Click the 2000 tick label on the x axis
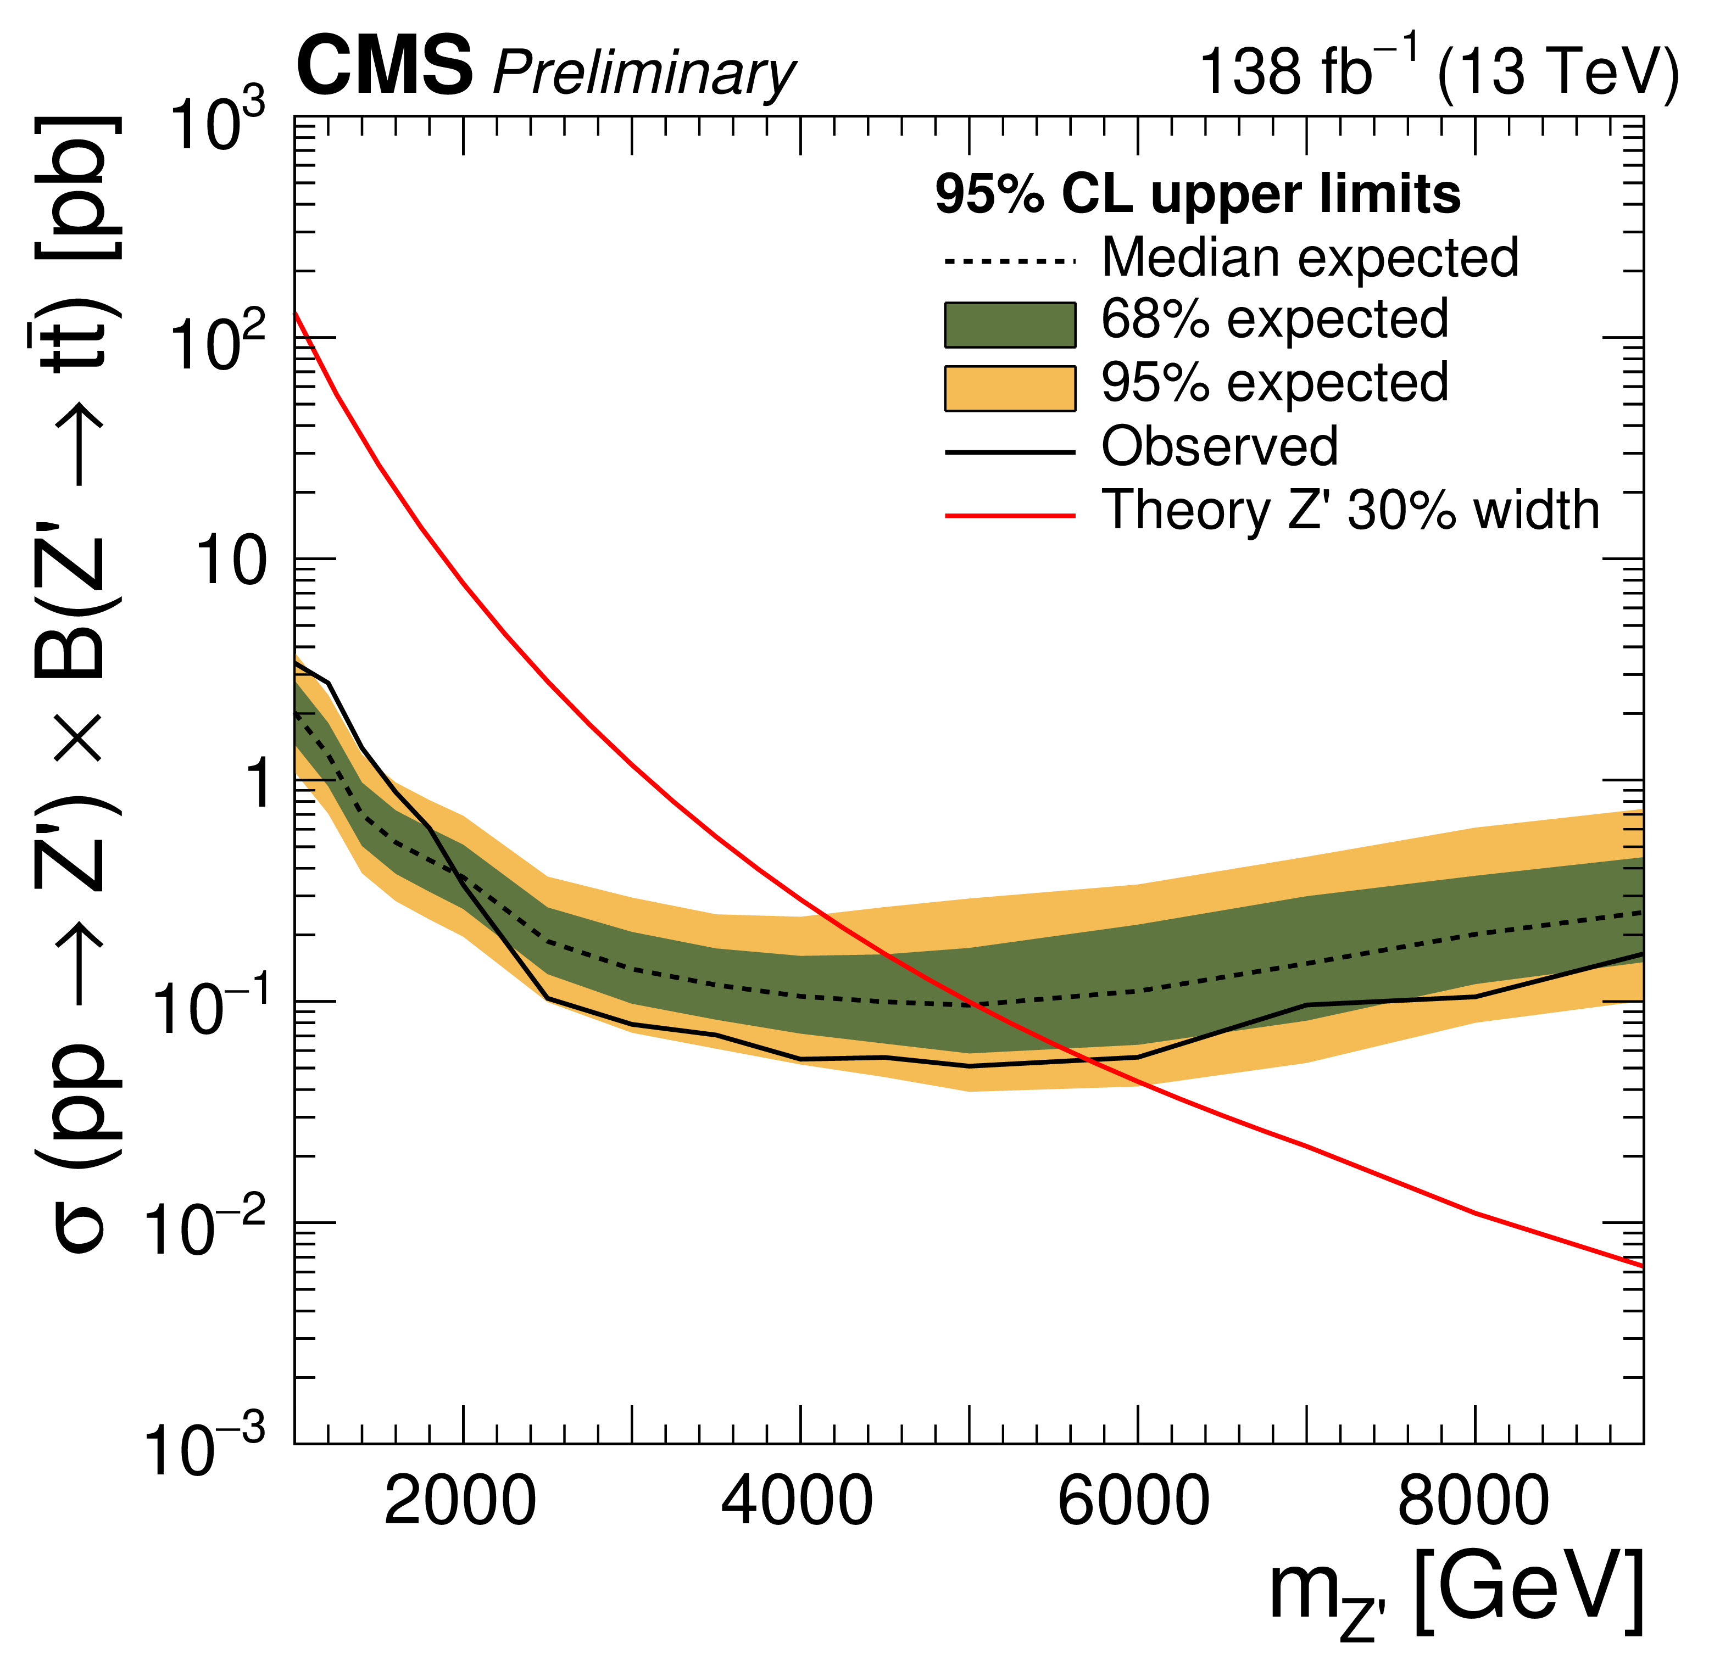pos(460,1501)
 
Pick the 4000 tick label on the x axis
pos(798,1501)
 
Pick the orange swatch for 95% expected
pos(1010,389)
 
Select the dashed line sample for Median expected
pos(1010,261)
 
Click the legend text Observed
pos(1220,447)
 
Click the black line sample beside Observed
pos(1010,452)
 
